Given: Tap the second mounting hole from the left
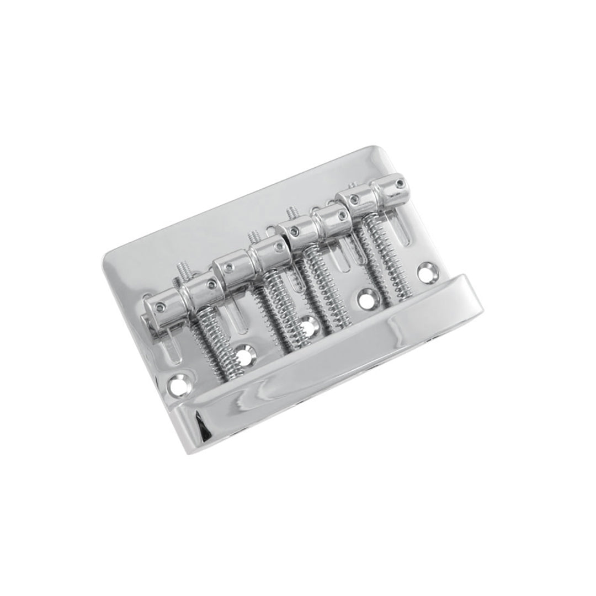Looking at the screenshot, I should [244, 354].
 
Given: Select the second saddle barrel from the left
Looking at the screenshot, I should [199, 289].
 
